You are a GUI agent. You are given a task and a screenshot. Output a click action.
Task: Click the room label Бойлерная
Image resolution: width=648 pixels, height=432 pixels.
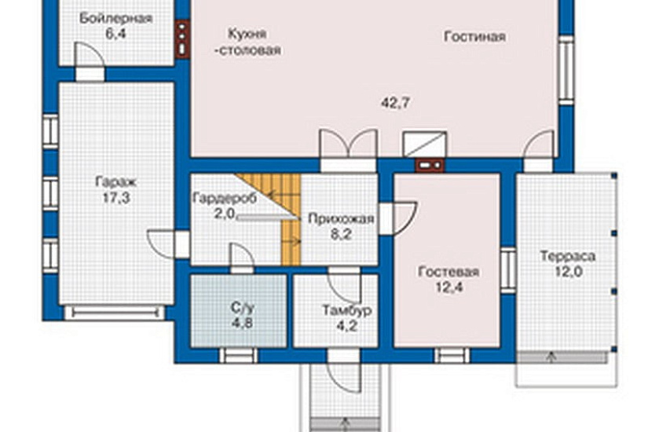[x=116, y=19]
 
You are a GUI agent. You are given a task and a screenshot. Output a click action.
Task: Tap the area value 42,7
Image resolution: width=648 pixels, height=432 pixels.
[x=397, y=102]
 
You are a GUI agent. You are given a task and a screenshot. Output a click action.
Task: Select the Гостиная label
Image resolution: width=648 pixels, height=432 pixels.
[x=474, y=37]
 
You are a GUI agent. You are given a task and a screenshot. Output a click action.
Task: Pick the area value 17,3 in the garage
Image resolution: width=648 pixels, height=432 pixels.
[x=115, y=198]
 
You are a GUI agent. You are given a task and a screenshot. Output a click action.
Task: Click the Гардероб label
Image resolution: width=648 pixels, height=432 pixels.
[x=224, y=197]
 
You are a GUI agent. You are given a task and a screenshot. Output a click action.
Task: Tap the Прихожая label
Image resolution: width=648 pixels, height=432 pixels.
[x=340, y=218]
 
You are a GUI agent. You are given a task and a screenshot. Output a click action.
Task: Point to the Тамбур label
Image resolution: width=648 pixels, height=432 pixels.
[x=346, y=310]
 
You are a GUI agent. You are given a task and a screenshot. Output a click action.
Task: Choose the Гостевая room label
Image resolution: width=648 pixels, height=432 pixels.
[x=448, y=273]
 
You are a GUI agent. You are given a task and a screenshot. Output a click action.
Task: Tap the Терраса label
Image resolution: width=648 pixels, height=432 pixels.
[x=567, y=256]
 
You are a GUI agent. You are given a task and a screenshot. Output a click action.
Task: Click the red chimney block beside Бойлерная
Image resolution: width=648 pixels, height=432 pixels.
[x=182, y=38]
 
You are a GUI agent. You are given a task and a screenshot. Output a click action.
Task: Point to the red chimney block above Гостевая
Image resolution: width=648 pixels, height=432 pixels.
[x=429, y=166]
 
